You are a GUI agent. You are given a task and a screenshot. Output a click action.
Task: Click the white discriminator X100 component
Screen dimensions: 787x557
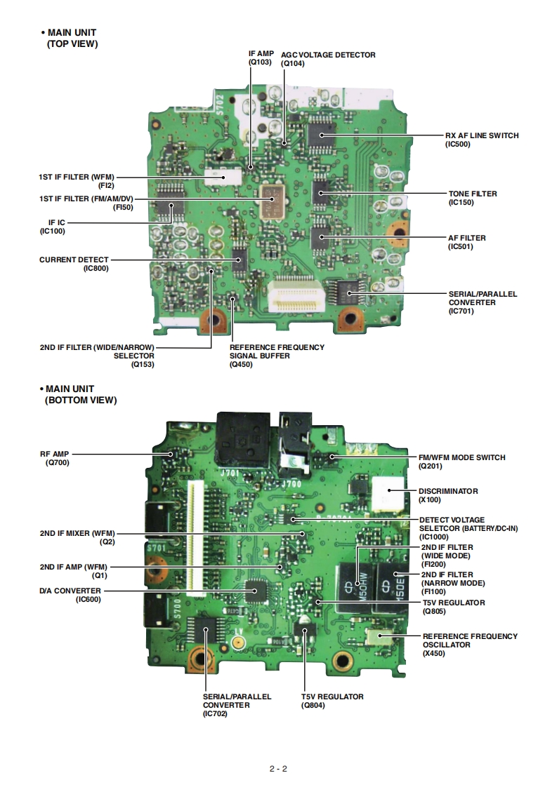click(388, 496)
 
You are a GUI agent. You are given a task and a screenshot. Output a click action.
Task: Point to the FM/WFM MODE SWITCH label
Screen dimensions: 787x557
click(461, 462)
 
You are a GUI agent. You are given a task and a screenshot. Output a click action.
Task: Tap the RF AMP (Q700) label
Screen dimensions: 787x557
click(54, 458)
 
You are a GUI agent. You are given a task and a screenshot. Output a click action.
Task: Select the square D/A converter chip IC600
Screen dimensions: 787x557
click(258, 591)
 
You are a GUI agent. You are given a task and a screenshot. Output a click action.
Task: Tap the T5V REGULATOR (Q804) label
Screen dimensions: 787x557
click(332, 701)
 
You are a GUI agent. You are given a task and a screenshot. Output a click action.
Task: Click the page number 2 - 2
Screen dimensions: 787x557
click(278, 768)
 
